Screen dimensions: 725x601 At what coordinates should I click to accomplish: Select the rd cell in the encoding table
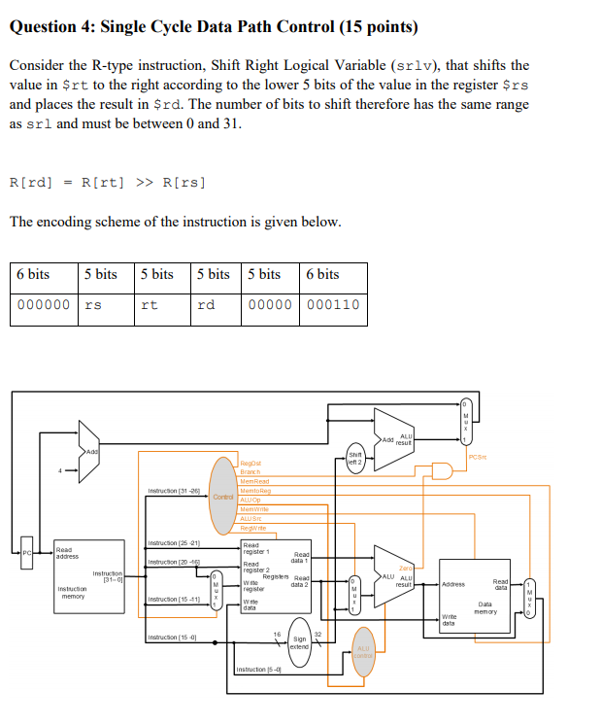(x=217, y=304)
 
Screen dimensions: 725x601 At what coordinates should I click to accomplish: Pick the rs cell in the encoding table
(x=104, y=304)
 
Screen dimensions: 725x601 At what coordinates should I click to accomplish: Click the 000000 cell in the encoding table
(x=44, y=304)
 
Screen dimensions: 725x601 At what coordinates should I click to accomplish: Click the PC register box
(x=30, y=553)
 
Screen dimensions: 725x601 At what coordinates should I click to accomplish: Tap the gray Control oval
(x=224, y=497)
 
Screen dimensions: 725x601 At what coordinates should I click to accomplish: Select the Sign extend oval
(x=300, y=642)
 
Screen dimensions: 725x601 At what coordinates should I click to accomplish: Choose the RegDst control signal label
(x=250, y=465)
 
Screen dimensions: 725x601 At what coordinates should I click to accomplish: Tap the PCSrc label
(x=477, y=456)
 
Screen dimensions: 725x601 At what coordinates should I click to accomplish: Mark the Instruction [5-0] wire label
(x=258, y=670)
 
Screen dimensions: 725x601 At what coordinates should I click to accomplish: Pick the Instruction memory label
(x=74, y=592)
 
